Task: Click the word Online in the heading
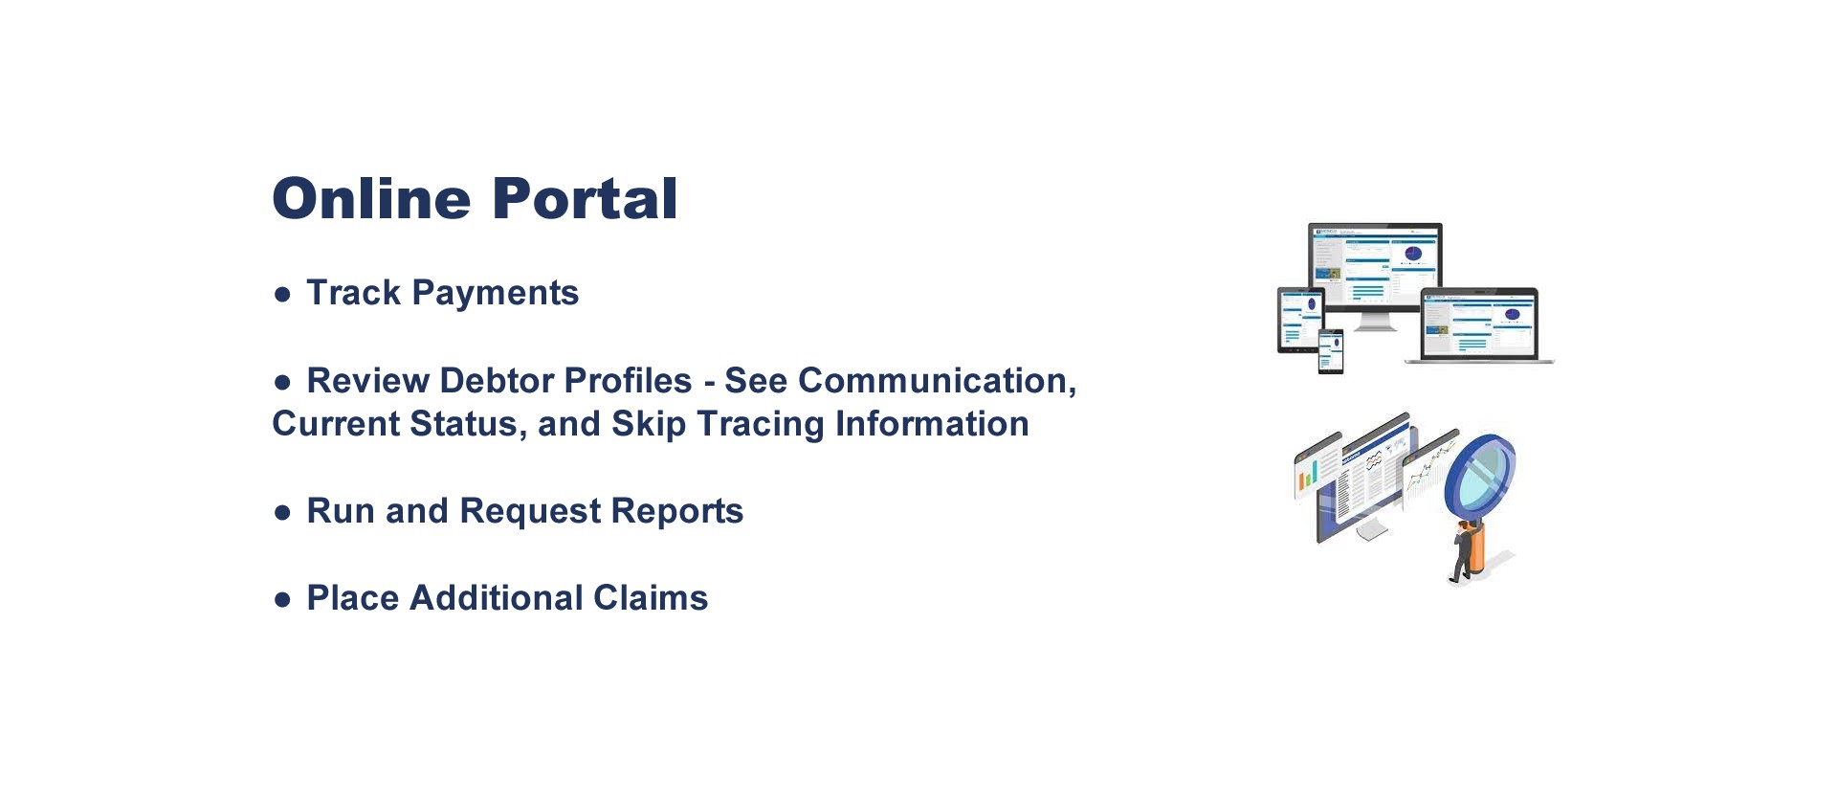click(371, 199)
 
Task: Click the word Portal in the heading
click(585, 199)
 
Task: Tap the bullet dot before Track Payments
click(282, 295)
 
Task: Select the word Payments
click(495, 294)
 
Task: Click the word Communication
click(937, 381)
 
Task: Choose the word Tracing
click(761, 425)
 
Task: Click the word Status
click(468, 425)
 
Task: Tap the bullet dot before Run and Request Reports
click(282, 513)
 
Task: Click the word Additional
click(497, 598)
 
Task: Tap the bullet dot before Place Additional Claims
click(282, 600)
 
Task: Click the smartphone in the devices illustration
click(1331, 351)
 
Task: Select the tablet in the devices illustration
click(1300, 321)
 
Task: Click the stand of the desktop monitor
click(1375, 321)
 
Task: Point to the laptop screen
click(1479, 324)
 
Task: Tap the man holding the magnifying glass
click(1463, 554)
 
